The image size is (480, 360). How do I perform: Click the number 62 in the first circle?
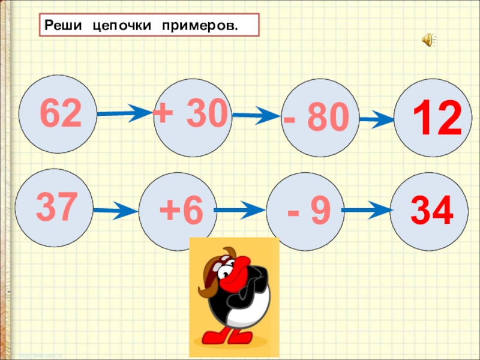pos(61,115)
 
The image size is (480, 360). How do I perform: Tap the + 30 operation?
pos(191,112)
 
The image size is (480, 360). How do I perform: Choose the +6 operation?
pos(181,212)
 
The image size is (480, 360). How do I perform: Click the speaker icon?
pos(428,40)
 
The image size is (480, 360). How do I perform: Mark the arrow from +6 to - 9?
pos(238,211)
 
